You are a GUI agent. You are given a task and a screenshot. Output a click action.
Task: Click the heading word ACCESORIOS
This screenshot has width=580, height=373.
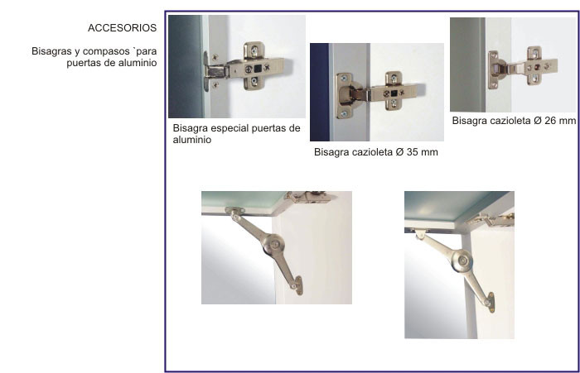[122, 27]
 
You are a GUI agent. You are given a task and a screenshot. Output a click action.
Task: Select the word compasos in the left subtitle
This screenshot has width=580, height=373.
[108, 51]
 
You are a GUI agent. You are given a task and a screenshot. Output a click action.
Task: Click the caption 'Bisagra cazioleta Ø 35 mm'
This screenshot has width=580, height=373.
[376, 152]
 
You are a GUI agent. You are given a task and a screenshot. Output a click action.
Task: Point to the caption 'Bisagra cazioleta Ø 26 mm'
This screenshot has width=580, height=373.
[514, 121]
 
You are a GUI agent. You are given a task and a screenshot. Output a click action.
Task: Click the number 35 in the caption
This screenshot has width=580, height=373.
[413, 152]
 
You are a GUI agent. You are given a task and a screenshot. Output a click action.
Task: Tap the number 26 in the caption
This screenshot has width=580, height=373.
[550, 121]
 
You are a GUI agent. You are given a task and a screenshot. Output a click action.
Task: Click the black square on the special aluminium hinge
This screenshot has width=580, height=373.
[258, 69]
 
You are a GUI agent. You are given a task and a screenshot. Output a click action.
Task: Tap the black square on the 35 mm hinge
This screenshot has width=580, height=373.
[394, 93]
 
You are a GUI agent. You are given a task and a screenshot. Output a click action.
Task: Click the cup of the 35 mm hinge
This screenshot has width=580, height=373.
[349, 96]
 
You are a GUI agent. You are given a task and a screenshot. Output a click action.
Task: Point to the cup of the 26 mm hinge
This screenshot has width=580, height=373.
[497, 69]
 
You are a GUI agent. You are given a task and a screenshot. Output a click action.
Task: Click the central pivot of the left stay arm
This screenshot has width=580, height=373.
[274, 244]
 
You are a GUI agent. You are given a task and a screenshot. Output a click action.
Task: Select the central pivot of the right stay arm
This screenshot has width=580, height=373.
[462, 261]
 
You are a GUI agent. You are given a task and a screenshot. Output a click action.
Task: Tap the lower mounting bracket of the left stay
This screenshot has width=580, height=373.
[298, 285]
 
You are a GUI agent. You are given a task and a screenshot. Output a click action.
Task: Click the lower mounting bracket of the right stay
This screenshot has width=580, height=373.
[491, 302]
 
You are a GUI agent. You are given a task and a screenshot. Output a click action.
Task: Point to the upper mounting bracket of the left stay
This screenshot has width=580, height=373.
[234, 211]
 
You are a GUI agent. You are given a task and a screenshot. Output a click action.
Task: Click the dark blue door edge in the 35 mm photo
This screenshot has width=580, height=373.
[319, 92]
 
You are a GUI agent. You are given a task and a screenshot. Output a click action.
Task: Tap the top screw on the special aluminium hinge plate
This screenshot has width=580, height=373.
[254, 49]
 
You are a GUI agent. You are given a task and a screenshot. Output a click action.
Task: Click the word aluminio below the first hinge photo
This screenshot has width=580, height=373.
[192, 140]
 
